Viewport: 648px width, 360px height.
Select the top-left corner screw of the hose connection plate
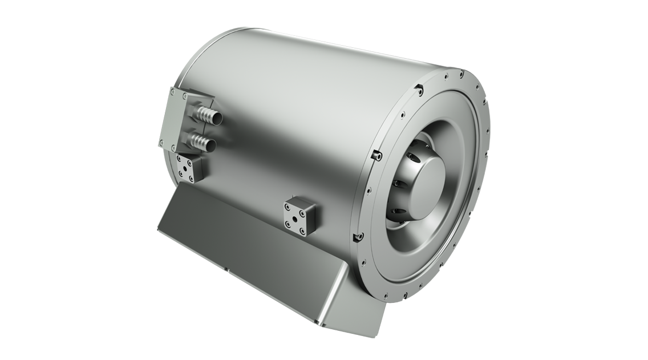[173, 91]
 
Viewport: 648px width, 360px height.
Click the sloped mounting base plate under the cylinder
[251, 245]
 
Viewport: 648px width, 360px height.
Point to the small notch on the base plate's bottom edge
[226, 271]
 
